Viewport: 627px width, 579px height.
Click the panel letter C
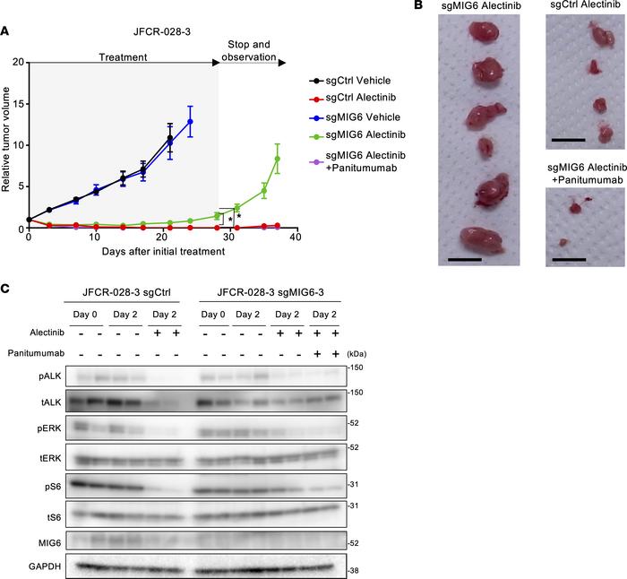click(5, 290)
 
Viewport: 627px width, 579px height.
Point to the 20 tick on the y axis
click(18, 63)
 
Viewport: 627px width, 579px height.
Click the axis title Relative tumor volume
click(6, 145)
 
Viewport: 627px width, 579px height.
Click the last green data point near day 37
click(278, 160)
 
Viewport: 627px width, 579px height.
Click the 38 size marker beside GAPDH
click(354, 570)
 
